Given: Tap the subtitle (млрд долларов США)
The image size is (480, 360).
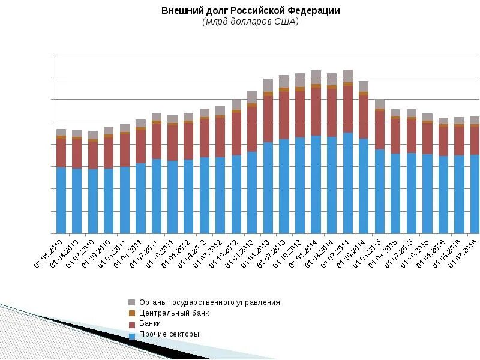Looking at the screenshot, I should click(x=250, y=22).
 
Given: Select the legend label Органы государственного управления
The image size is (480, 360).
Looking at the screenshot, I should click(x=209, y=302).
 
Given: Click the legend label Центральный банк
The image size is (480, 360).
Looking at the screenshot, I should click(x=174, y=313).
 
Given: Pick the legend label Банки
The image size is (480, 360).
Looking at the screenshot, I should click(x=150, y=323).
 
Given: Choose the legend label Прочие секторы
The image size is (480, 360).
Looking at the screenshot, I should click(x=169, y=334).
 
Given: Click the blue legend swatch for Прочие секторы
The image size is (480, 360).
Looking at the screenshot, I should click(x=132, y=335).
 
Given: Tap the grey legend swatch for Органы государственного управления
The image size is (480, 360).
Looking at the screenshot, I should click(x=132, y=302).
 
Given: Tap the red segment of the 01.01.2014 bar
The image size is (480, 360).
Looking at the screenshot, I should click(x=316, y=112).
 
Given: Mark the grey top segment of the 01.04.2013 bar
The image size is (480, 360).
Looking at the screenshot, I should click(x=268, y=85).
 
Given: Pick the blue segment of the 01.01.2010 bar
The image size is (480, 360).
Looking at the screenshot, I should click(x=61, y=200).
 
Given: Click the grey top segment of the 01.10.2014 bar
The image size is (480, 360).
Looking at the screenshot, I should click(x=364, y=86).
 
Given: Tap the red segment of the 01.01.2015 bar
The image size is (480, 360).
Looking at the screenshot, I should click(x=380, y=130).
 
